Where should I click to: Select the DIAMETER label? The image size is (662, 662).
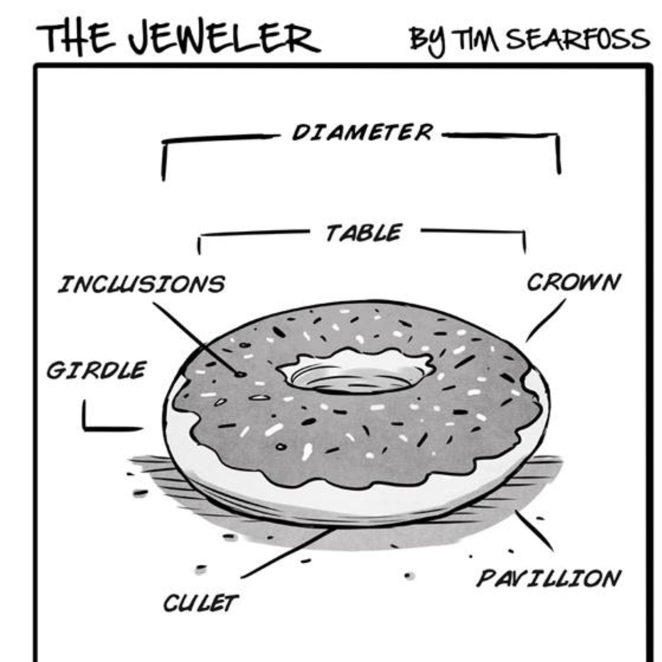(x=362, y=132)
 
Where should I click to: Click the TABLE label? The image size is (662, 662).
(x=363, y=233)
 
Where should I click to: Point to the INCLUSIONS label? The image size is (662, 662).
(x=141, y=285)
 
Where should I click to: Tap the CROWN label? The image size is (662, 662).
(x=573, y=282)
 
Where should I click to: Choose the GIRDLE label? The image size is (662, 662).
(x=96, y=370)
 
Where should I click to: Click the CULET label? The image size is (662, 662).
(x=200, y=603)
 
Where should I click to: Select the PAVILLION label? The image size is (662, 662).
(x=548, y=579)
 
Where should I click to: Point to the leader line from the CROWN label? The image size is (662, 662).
(x=546, y=320)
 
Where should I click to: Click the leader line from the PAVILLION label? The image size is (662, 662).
(x=533, y=530)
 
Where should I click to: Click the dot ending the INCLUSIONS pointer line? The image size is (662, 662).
(x=240, y=374)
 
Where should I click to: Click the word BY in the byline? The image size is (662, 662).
(x=428, y=40)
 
